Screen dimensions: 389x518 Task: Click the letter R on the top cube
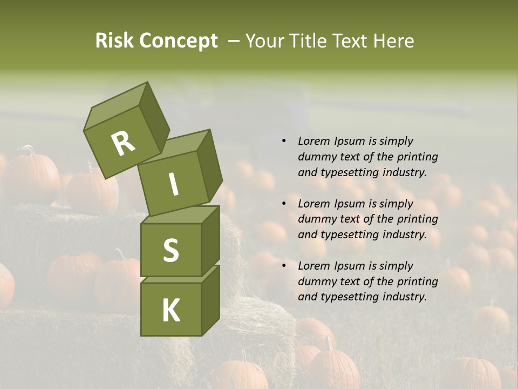pos(124,143)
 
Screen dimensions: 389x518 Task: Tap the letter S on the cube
pos(171,250)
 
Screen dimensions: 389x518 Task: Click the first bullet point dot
pos(284,142)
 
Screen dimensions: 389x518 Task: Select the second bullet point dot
pos(284,204)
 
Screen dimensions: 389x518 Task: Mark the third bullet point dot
pos(284,266)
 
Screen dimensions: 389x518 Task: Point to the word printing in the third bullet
pos(418,281)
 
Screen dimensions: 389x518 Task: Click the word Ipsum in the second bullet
pos(350,203)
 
